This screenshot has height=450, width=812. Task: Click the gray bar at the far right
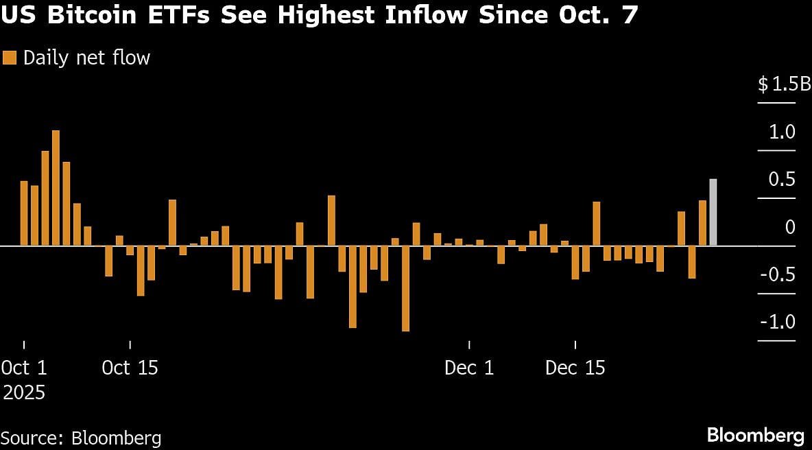[x=713, y=212]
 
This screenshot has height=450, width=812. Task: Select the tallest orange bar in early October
[x=56, y=187]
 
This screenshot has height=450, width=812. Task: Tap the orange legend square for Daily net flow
[x=10, y=58]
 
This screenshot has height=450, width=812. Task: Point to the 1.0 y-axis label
[x=782, y=132]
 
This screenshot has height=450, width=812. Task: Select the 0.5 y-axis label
[x=782, y=180]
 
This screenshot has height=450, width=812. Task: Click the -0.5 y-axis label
[x=779, y=274]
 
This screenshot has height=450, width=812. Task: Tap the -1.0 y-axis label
[x=779, y=322]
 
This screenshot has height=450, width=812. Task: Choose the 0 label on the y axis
[x=790, y=227]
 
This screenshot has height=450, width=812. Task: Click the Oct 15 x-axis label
[x=130, y=368]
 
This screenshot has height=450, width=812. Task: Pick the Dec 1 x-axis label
[x=469, y=368]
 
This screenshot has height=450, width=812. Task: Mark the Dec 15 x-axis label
[x=575, y=368]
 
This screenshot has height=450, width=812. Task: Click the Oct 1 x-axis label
[x=24, y=368]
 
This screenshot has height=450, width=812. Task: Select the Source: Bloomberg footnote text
[x=81, y=438]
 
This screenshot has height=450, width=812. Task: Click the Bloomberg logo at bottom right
[x=755, y=435]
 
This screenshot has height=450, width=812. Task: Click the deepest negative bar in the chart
[x=405, y=288]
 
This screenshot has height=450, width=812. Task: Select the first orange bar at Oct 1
[x=24, y=213]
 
